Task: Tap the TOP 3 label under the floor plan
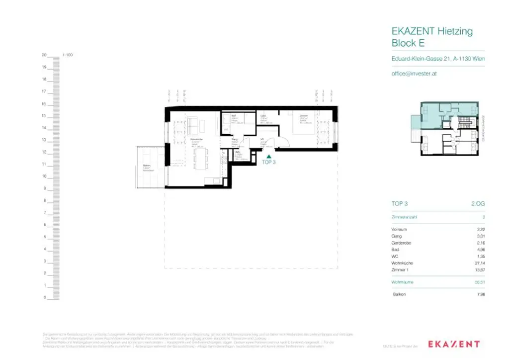click(x=268, y=162)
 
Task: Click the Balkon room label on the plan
click(x=147, y=166)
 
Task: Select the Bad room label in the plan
click(x=227, y=115)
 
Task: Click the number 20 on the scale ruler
click(x=44, y=55)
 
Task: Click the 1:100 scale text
click(x=68, y=55)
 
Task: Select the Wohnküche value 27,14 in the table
click(x=480, y=263)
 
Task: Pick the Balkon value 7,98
click(x=480, y=294)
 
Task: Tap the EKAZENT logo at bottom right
click(x=454, y=344)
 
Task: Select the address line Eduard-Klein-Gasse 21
click(x=438, y=59)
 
